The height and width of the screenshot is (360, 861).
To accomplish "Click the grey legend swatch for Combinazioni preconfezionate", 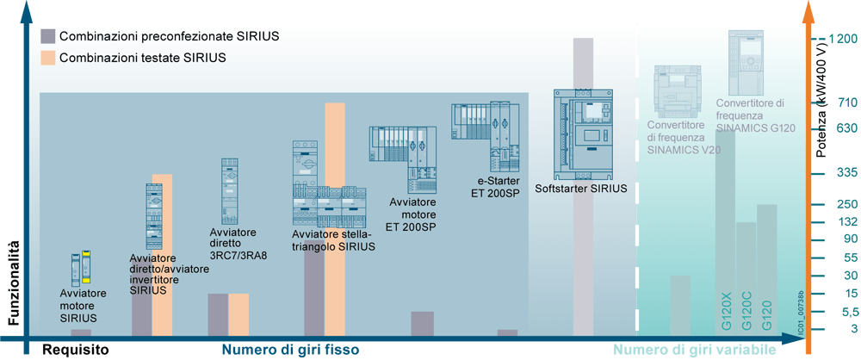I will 48,36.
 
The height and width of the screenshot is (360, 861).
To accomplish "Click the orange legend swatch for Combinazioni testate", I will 48,58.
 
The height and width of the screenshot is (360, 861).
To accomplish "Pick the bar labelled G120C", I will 746,276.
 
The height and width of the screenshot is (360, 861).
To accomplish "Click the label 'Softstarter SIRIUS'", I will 580,188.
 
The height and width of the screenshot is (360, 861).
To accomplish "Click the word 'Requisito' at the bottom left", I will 77,350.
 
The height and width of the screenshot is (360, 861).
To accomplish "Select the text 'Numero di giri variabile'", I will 695,350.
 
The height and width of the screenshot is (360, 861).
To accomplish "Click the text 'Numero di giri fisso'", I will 290,350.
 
